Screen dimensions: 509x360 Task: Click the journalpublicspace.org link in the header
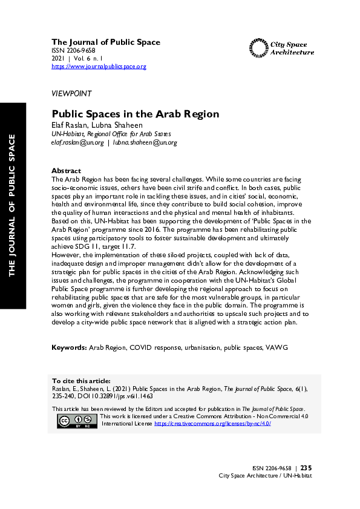tap(99, 67)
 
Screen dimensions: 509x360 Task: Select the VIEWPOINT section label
tap(71, 94)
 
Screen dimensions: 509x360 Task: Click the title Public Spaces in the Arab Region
tap(135, 114)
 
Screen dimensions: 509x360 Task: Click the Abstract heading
tap(66, 171)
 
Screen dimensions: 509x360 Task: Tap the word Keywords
tap(69, 349)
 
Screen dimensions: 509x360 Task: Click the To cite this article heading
tap(81, 381)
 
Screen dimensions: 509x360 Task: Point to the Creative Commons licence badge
tap(77, 421)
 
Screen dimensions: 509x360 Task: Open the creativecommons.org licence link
tap(212, 424)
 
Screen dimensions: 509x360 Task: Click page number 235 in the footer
tap(306, 468)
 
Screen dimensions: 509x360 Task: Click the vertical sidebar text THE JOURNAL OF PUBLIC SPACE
tap(12, 206)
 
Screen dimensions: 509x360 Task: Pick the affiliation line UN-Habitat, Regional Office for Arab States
tap(111, 134)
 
